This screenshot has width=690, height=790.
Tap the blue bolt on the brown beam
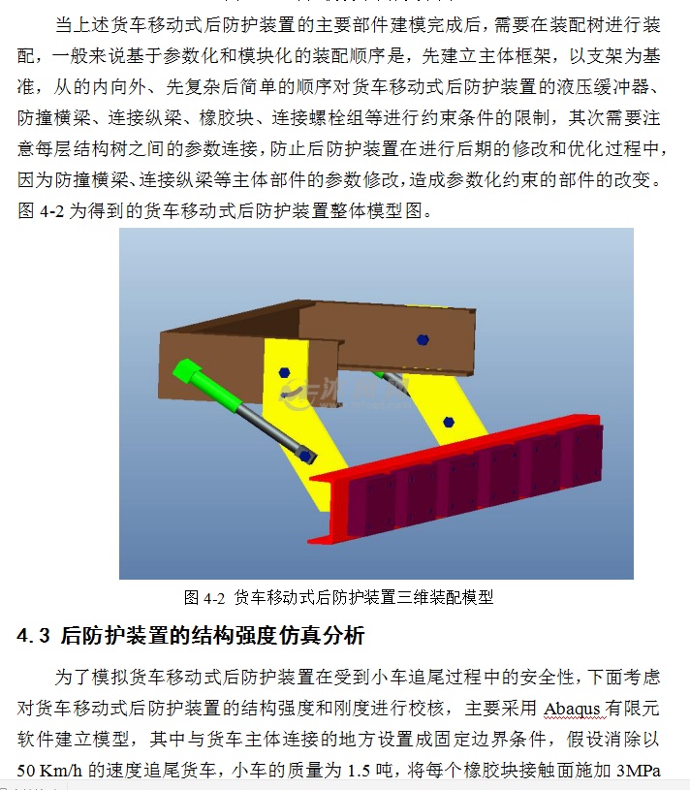click(x=422, y=339)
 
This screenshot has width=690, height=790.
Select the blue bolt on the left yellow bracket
click(x=283, y=372)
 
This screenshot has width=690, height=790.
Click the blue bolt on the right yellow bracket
click(x=448, y=422)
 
